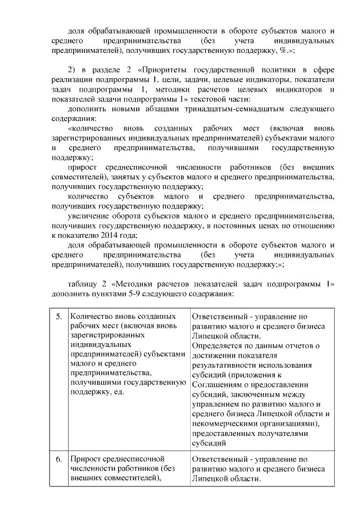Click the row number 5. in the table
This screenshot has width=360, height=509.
tap(59, 317)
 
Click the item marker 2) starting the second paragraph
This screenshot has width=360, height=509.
tap(71, 69)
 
